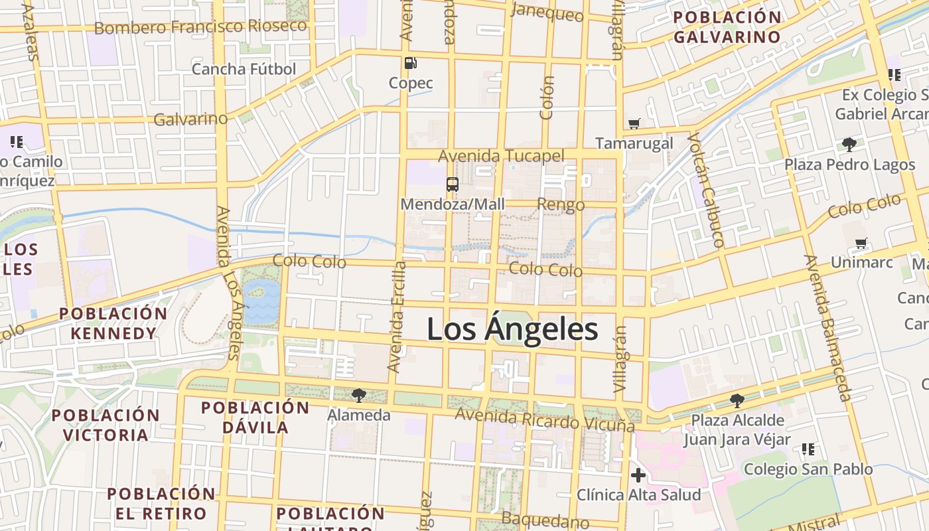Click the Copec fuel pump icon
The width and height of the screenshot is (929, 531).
click(411, 63)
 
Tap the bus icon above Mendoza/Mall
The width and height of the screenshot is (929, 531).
click(453, 185)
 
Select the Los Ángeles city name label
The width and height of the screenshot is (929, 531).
click(512, 330)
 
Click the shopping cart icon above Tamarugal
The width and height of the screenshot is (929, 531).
click(634, 123)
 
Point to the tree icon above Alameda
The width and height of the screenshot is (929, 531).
click(359, 396)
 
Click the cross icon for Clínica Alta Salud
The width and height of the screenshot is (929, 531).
click(638, 475)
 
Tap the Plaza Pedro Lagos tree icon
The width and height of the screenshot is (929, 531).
click(849, 144)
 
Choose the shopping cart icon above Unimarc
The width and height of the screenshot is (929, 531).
click(861, 244)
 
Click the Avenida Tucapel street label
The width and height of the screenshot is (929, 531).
click(501, 156)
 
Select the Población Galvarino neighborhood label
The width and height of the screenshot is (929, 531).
click(727, 27)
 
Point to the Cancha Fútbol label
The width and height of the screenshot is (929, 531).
click(244, 69)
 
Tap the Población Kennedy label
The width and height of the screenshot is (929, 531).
click(113, 323)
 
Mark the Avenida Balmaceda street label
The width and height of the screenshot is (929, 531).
click(827, 328)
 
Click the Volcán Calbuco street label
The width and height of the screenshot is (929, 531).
click(705, 190)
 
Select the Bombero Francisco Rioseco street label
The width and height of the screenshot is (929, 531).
click(200, 27)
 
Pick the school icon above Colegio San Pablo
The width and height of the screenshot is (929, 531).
click(808, 449)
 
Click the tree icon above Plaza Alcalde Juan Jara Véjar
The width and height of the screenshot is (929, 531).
click(737, 400)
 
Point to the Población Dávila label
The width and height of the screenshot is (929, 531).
click(255, 417)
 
